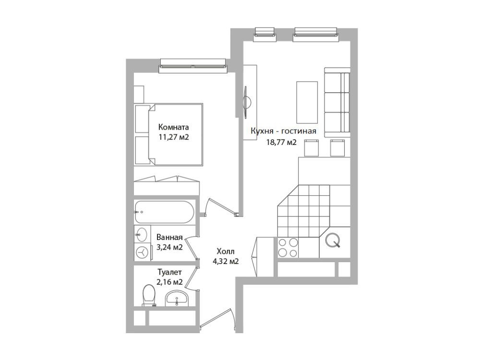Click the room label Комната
coord(173,127)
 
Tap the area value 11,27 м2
coord(174,137)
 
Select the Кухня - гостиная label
coord(283,131)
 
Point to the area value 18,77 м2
coord(282,142)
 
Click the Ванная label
coord(169,237)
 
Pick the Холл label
coord(226,252)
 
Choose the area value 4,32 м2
coord(226,262)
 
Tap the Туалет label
coord(169,272)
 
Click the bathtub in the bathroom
coord(164,212)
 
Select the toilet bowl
coord(149,295)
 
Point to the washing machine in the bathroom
coord(143,252)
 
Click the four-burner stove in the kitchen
coord(288,248)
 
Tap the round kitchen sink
coord(333,240)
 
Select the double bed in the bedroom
coord(168,135)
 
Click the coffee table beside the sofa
coord(307,102)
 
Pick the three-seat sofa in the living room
coord(337,102)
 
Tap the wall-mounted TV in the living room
coord(246,102)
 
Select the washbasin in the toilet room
coord(177,298)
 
